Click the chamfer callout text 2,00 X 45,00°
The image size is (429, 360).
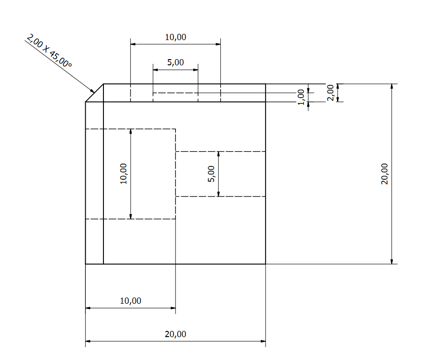coord(49,51)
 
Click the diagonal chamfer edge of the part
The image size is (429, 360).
coord(94,93)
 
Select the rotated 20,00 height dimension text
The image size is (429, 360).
coord(384,174)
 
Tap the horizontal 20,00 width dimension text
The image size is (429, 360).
coord(175,334)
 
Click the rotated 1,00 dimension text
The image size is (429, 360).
coord(301,97)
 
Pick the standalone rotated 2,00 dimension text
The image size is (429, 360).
coord(330,93)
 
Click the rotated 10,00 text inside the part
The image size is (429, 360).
coord(123,174)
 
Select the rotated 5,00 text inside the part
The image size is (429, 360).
coord(211,174)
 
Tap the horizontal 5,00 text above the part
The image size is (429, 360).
coord(175,62)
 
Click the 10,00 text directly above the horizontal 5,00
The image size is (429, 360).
coord(175,37)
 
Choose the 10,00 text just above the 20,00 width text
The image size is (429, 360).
coord(131,301)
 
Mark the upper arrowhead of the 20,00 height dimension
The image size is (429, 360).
coord(392,86)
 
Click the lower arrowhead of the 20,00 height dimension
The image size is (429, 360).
coord(392,261)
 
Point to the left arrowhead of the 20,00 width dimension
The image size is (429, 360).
coord(88,341)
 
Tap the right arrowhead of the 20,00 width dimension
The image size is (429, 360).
coord(263,341)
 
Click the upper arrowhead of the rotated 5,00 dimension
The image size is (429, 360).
coord(218,154)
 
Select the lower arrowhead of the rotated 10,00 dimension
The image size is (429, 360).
coord(131,216)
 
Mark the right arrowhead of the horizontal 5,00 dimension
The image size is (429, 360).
coord(195,70)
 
